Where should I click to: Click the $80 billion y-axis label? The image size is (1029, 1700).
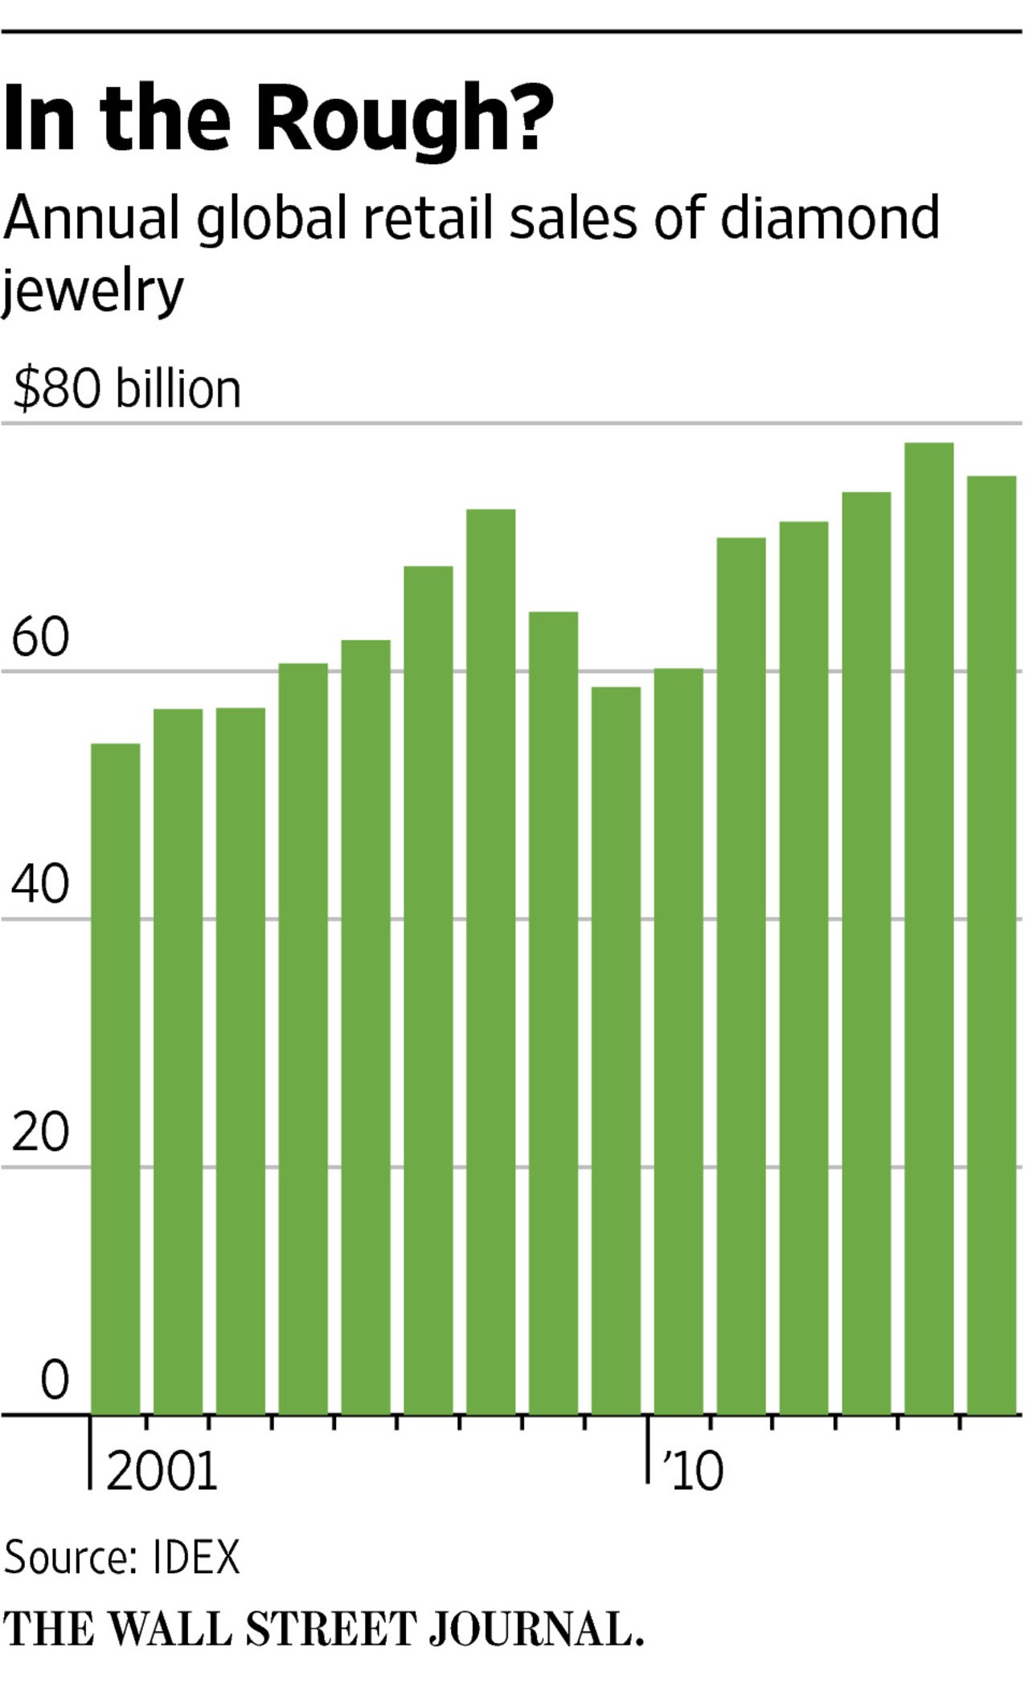coord(127,390)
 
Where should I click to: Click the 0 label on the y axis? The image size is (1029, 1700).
coord(55,1379)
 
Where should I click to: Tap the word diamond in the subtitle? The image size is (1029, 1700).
coord(829,219)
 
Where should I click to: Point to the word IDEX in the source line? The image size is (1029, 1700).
coord(195,1559)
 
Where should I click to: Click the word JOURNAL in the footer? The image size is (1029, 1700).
coord(535,1630)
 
